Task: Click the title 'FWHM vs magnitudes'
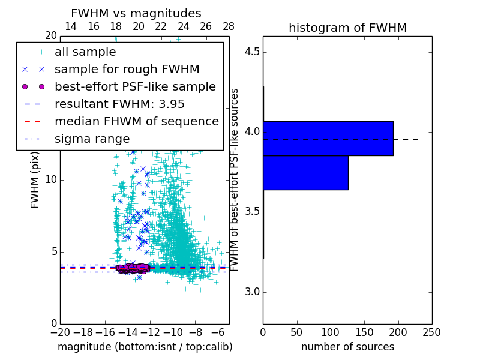(136, 13)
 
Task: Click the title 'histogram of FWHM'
(347, 28)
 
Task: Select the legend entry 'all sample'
(84, 52)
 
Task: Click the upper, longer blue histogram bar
(328, 138)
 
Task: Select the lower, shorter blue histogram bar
(305, 172)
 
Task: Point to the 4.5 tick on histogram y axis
(252, 52)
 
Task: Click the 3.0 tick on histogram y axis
(252, 292)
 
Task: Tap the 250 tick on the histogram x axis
(432, 332)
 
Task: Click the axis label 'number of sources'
(347, 347)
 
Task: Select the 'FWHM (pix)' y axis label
(35, 180)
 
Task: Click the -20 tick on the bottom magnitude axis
(60, 332)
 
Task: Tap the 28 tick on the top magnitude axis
(229, 26)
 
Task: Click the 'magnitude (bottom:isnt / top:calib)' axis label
(145, 347)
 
